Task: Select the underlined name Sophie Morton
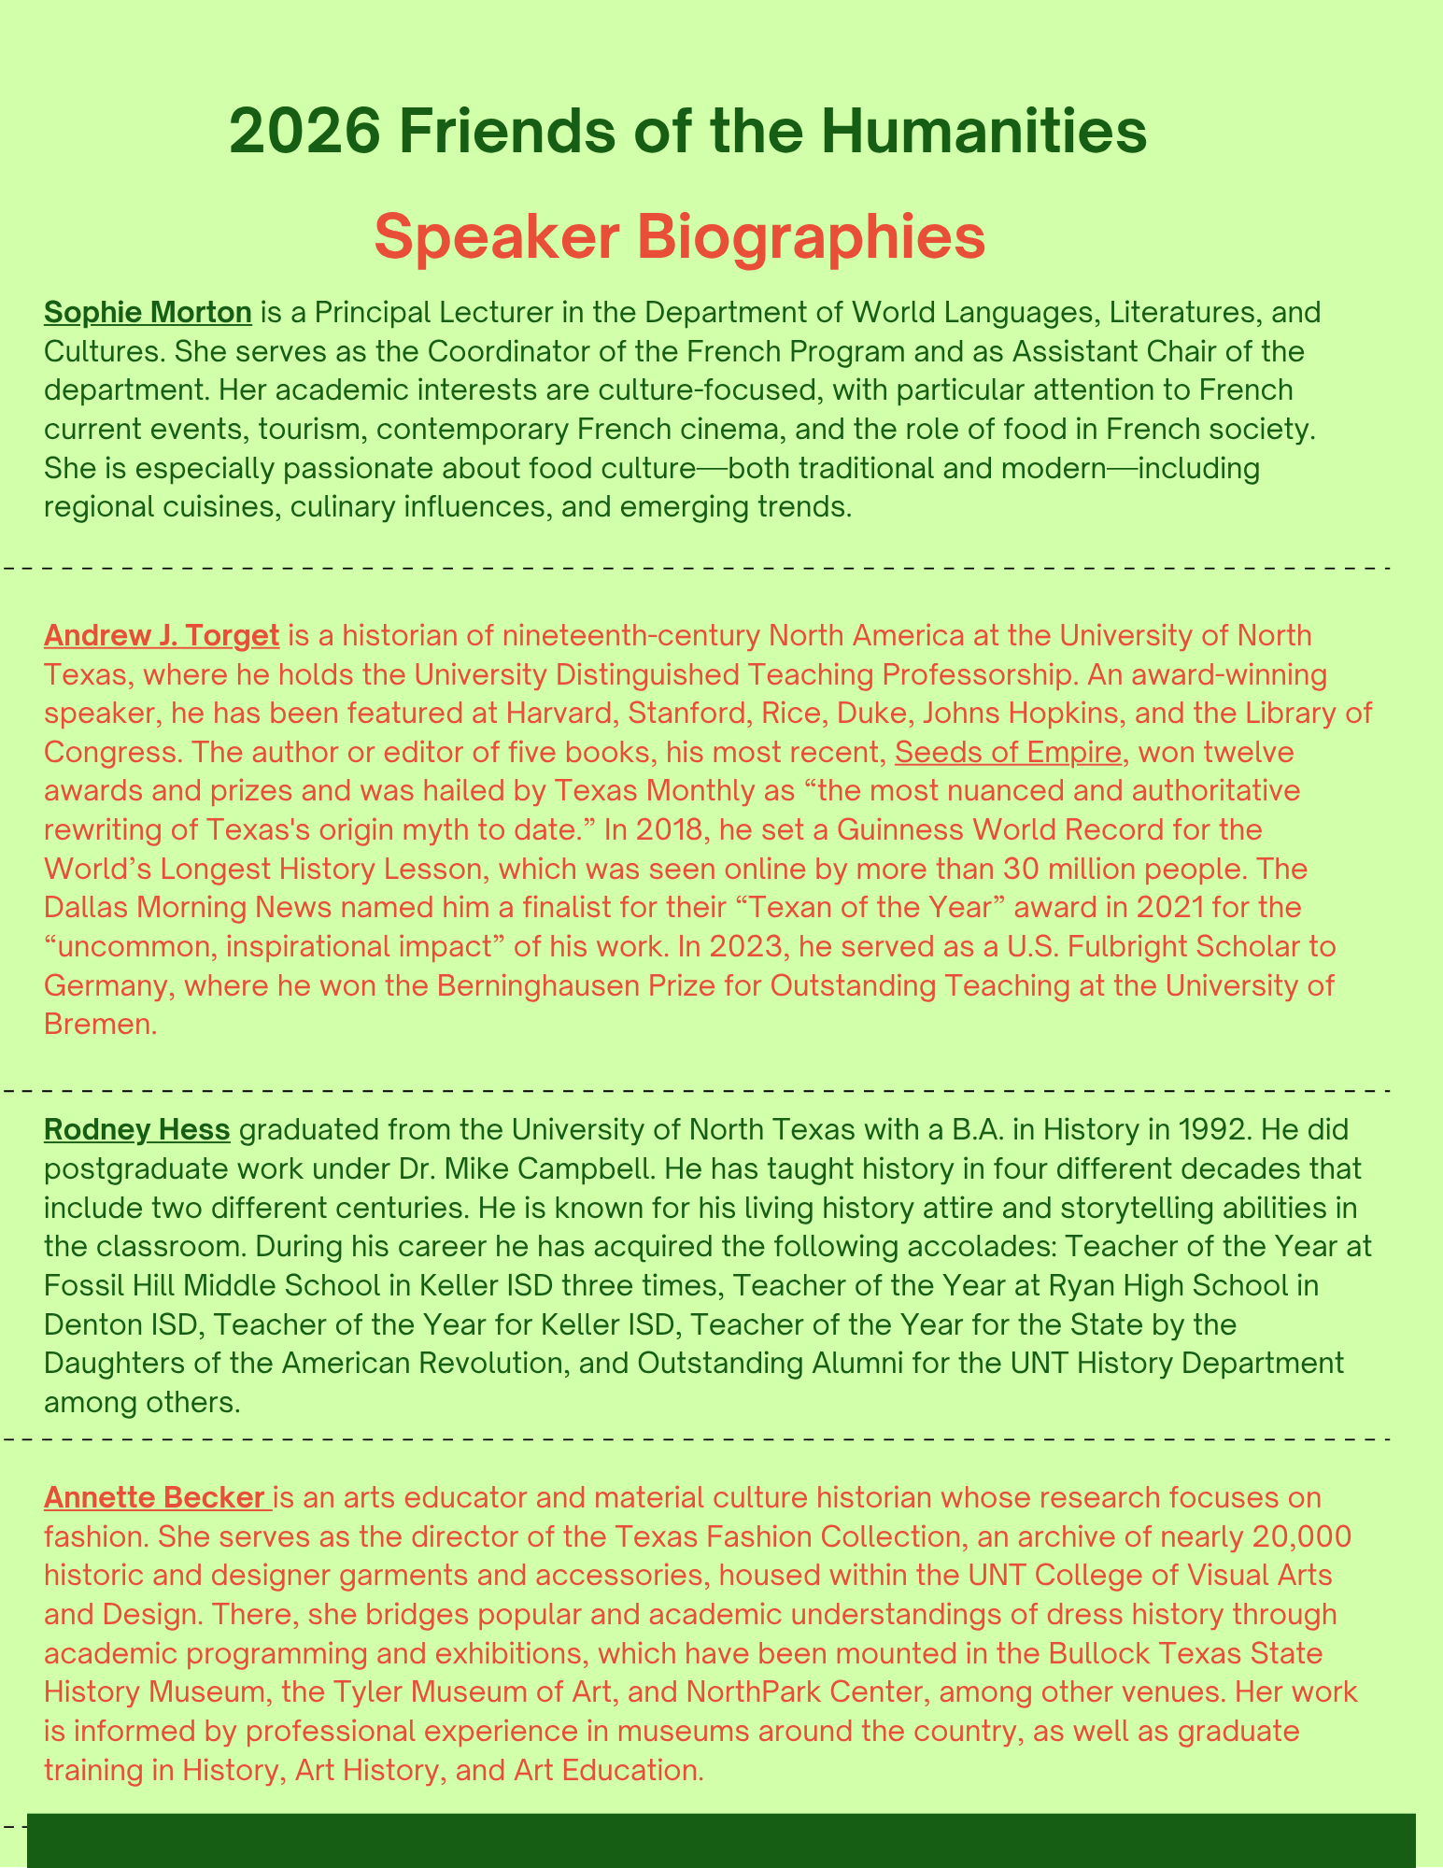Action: point(148,312)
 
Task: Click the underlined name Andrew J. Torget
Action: point(162,636)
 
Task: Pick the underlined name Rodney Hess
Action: point(136,1130)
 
